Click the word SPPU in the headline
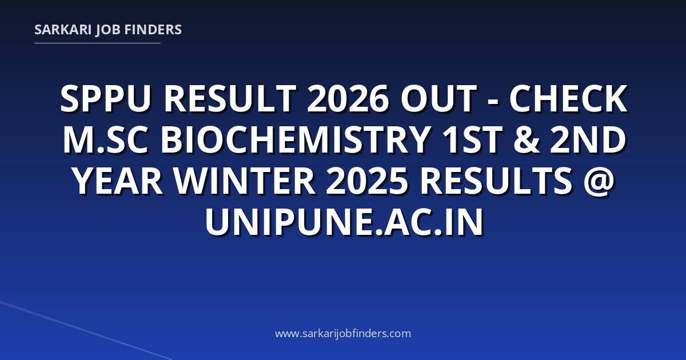(106, 99)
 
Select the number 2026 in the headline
(348, 99)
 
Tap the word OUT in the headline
(438, 99)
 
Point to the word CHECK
(568, 99)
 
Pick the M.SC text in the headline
(106, 140)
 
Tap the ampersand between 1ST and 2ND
(527, 140)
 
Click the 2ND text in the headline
(588, 140)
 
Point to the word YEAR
(118, 181)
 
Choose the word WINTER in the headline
(245, 181)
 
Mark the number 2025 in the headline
(367, 181)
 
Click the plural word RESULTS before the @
(496, 181)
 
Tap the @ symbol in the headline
(599, 182)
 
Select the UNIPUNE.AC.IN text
(344, 222)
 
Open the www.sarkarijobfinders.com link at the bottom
(343, 333)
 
